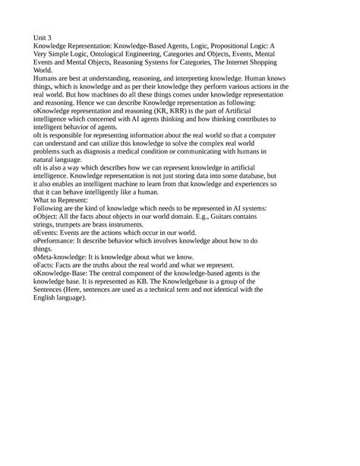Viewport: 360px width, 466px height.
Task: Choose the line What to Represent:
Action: click(x=62, y=228)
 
